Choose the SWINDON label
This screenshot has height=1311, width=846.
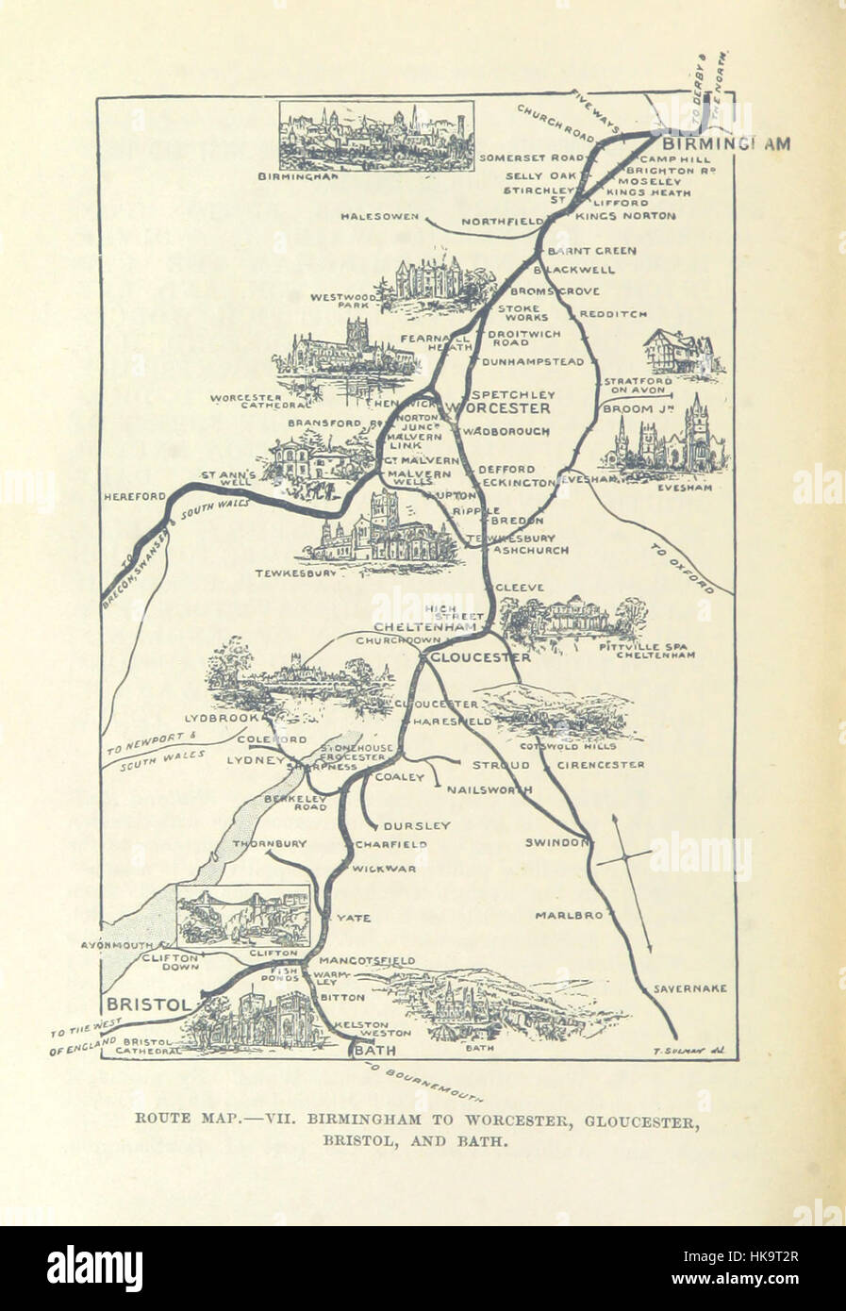click(x=557, y=841)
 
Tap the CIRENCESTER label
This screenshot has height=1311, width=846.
click(x=602, y=764)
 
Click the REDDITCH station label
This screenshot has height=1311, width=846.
click(x=613, y=313)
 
